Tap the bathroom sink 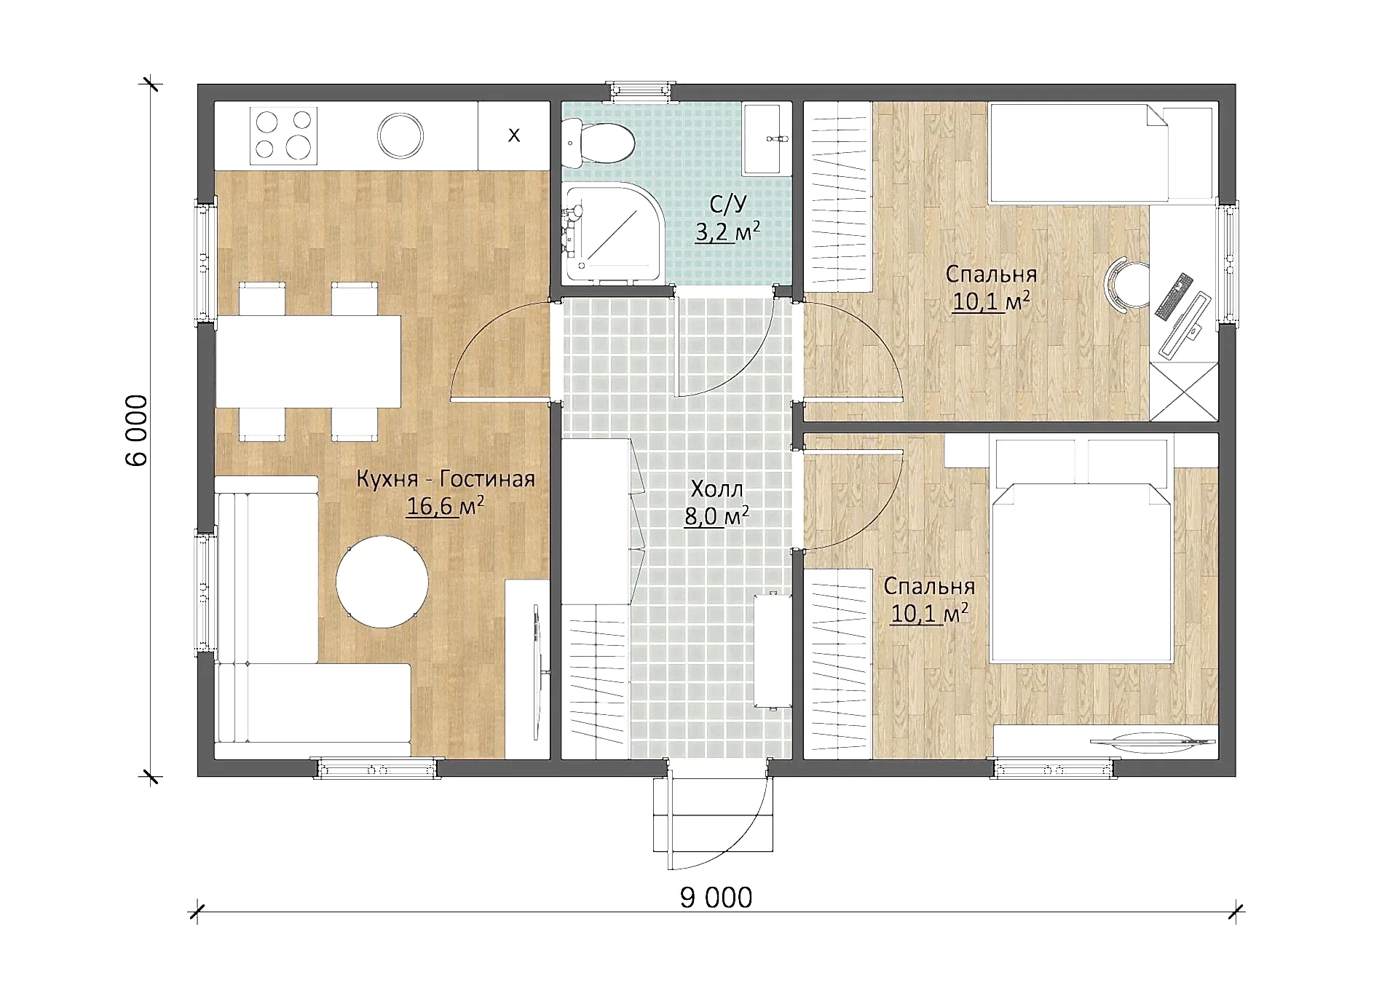762,138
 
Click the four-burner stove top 283,135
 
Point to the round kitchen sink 400,135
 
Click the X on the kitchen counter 514,135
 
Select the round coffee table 382,582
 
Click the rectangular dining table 308,361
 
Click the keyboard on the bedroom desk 1174,296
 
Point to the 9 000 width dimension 716,898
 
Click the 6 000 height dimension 136,430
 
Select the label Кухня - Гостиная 446,479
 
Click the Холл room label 716,489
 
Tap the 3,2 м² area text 727,232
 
